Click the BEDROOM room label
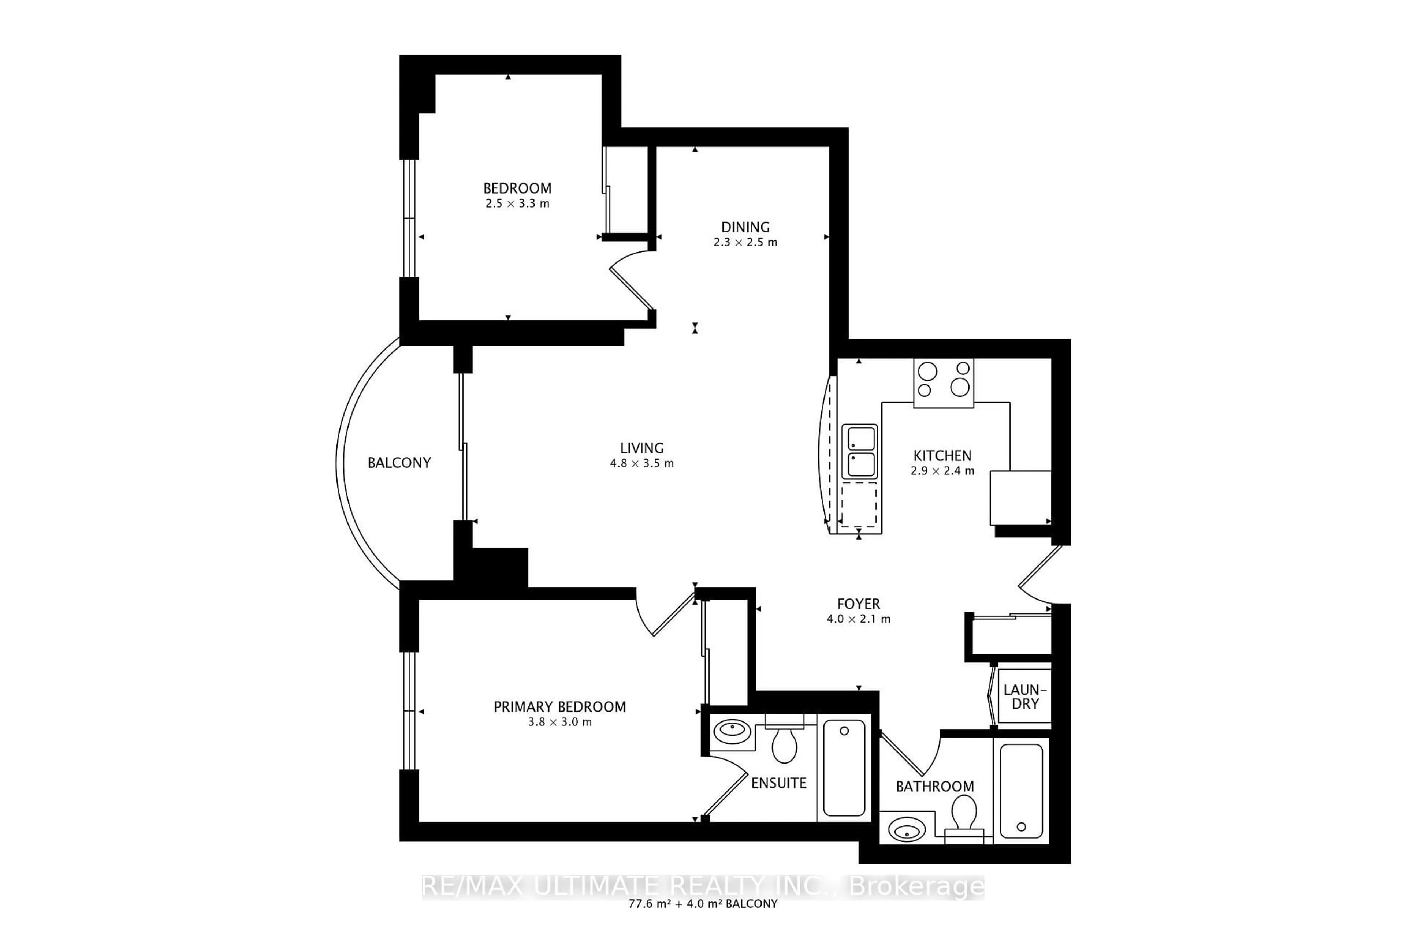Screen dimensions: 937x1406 (517, 188)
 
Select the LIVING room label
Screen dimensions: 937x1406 (641, 448)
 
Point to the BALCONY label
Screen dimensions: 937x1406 (399, 463)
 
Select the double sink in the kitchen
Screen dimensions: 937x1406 (860, 452)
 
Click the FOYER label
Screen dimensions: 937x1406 (858, 604)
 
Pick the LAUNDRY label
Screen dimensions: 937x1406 (1024, 697)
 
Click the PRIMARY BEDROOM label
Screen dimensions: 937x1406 (559, 707)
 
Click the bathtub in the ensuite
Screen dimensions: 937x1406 (844, 768)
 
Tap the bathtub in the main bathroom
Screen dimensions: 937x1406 (1021, 791)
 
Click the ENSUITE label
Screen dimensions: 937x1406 (778, 783)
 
